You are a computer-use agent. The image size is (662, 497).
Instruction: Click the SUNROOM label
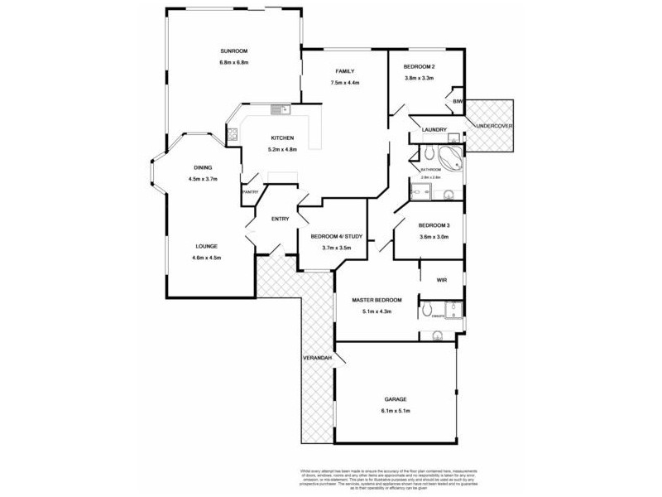pos(234,50)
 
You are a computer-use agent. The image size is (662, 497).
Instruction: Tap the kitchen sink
pos(279,109)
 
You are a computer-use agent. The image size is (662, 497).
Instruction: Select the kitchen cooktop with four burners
pos(233,133)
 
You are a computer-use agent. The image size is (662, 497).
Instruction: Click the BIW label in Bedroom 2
pos(457,101)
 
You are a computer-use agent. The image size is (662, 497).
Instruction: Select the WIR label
pos(442,281)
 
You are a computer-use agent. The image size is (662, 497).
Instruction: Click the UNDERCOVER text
pos(495,126)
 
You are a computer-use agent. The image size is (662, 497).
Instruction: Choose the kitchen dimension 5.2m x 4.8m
pos(282,149)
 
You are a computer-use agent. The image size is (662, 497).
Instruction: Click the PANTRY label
pos(250,192)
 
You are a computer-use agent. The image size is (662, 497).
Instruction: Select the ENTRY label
pos(281,219)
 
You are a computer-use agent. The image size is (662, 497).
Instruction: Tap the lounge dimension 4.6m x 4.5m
pos(207,258)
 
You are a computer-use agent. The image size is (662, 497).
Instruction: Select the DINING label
pos(203,166)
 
